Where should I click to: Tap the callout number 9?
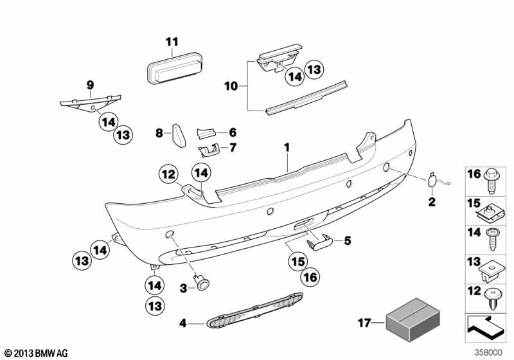click(x=90, y=84)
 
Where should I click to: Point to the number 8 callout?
click(x=159, y=133)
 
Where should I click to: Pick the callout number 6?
click(x=233, y=132)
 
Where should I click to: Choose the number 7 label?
click(x=233, y=147)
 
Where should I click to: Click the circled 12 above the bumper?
click(x=168, y=173)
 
